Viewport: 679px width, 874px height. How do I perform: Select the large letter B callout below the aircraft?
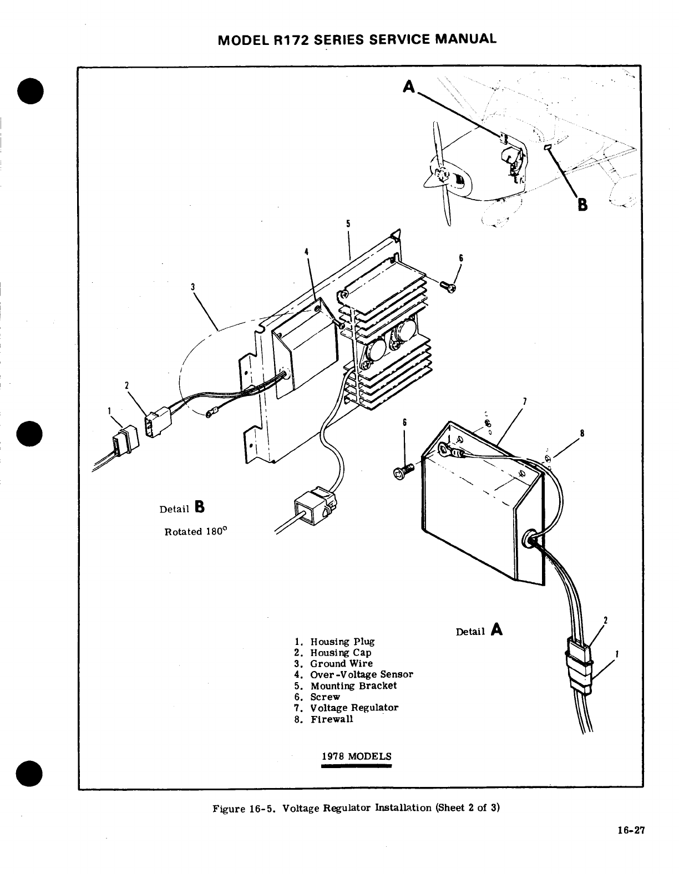point(582,205)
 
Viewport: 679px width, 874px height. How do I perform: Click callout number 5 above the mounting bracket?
point(348,224)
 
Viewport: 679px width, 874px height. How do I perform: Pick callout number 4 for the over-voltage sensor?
point(306,252)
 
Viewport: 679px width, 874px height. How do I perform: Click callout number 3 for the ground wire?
point(192,287)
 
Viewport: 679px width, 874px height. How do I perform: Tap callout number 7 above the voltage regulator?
point(525,401)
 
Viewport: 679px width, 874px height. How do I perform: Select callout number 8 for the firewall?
point(581,433)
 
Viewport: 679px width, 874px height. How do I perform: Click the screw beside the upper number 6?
point(447,287)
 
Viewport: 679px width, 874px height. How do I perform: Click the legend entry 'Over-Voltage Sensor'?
point(361,674)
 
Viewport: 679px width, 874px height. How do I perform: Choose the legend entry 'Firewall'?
point(331,719)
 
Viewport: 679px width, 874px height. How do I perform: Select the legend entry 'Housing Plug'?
point(342,642)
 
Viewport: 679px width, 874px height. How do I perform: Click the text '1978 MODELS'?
point(356,756)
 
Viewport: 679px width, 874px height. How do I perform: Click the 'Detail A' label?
point(479,631)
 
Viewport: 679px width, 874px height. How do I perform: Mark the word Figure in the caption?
point(229,807)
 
